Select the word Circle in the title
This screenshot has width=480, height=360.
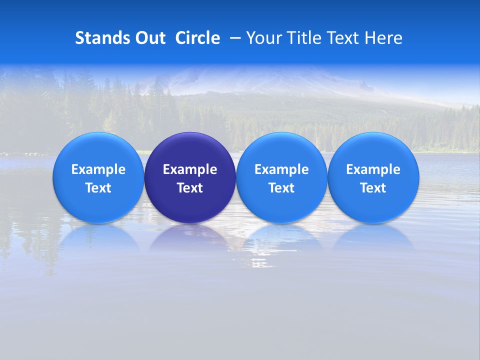197,38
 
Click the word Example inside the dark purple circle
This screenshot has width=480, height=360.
190,170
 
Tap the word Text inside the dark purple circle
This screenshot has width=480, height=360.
190,188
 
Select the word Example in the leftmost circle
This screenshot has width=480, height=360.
98,170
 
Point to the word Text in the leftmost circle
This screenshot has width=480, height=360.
98,188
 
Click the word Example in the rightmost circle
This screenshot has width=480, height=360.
373,170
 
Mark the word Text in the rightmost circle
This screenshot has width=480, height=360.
373,188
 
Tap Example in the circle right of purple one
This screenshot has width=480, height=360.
281,170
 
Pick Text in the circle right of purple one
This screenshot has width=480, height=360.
281,188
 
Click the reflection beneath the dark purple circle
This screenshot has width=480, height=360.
190,238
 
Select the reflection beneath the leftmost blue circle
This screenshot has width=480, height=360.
98,238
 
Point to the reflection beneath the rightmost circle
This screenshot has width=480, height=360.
373,238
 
